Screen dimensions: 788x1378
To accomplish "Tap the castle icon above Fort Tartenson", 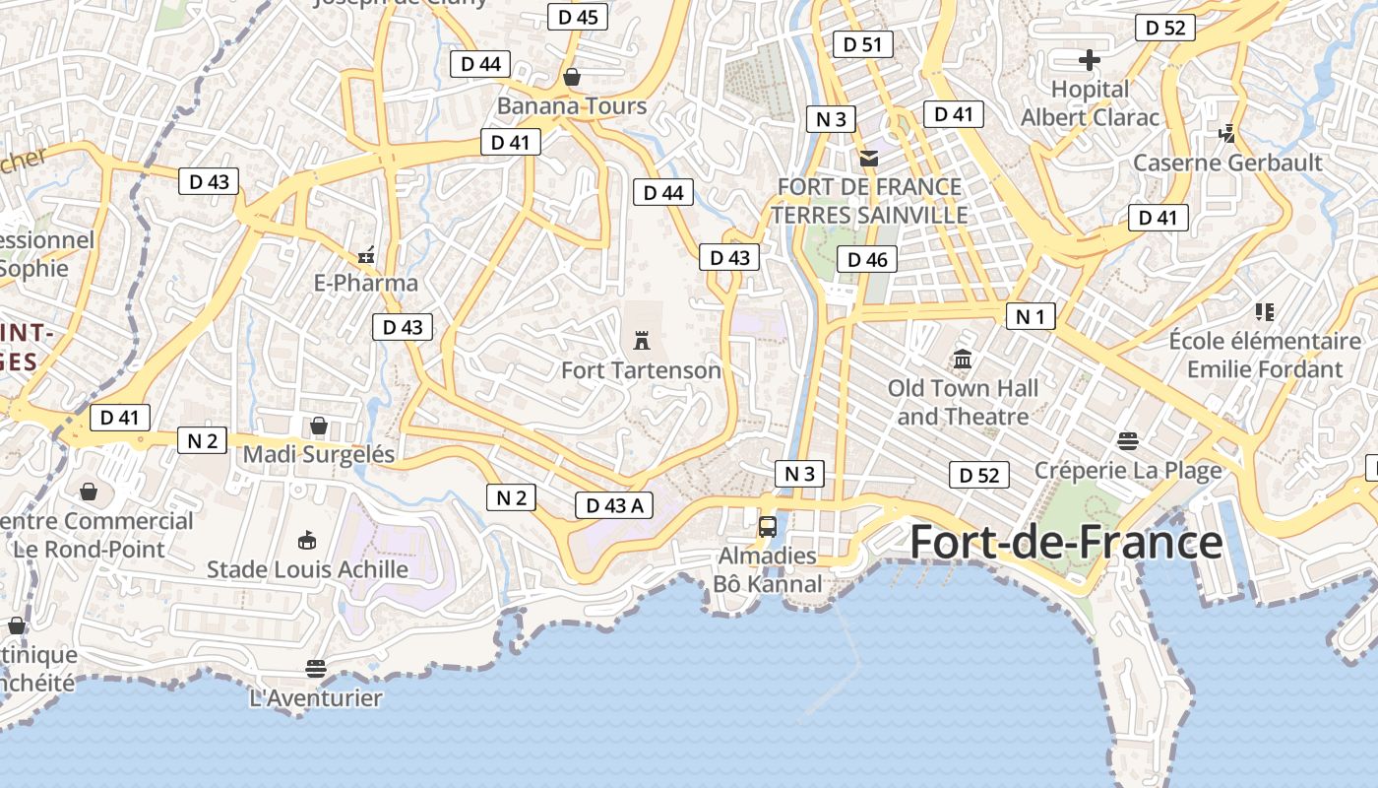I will [x=642, y=341].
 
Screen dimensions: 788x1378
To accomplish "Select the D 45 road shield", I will [x=578, y=17].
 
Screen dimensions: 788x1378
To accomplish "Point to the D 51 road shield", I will [x=863, y=43].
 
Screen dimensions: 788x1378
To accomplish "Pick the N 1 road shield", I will [x=1031, y=316].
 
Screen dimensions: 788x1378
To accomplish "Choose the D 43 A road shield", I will [x=614, y=505].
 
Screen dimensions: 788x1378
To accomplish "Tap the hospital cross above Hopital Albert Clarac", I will [x=1089, y=60].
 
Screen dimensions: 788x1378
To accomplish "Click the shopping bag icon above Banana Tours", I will [x=572, y=76].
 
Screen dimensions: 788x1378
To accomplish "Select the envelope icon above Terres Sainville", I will [x=868, y=158].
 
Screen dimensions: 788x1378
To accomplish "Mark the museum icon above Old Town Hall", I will [x=963, y=360].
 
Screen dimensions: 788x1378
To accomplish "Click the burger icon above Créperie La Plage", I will [x=1128, y=440].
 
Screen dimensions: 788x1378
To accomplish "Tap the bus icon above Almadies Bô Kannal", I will [x=768, y=526].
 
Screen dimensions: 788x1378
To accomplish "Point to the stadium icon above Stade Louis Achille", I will [x=307, y=540].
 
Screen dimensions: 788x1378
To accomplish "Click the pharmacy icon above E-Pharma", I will [x=366, y=255].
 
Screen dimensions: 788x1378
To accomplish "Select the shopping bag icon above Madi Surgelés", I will [x=319, y=426].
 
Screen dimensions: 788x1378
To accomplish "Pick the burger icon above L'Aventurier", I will [x=315, y=669].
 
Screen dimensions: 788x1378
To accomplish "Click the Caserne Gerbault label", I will [x=1227, y=163].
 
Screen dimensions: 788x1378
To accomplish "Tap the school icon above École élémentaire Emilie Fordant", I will [x=1265, y=312].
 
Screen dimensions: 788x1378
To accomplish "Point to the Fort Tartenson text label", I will [x=641, y=370].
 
